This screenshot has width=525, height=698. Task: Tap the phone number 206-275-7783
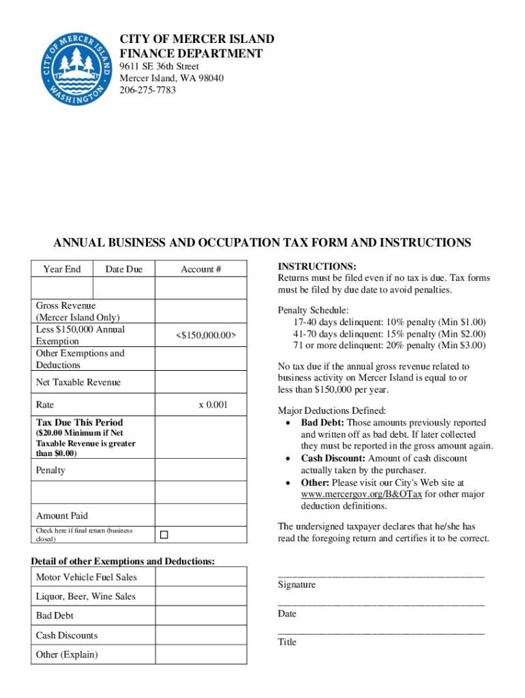pyautogui.click(x=148, y=90)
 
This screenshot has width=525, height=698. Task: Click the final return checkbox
pyautogui.click(x=164, y=534)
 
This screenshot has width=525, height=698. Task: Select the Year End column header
pyautogui.click(x=62, y=269)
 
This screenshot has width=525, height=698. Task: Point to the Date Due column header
pyautogui.click(x=124, y=269)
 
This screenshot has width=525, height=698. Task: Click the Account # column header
pyautogui.click(x=200, y=269)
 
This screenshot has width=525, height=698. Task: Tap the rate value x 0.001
pyautogui.click(x=213, y=405)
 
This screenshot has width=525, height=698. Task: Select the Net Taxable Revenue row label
pyautogui.click(x=78, y=382)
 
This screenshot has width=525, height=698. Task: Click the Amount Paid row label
pyautogui.click(x=62, y=516)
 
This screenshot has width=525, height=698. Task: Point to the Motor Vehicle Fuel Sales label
pyautogui.click(x=86, y=577)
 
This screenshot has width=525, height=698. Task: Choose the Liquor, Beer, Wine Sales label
pyautogui.click(x=86, y=596)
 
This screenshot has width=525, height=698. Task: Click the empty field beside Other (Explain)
pyautogui.click(x=201, y=655)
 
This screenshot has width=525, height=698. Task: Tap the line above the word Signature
pyautogui.click(x=380, y=577)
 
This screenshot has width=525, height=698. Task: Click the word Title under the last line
pyautogui.click(x=287, y=642)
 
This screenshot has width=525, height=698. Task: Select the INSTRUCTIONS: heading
pyautogui.click(x=317, y=267)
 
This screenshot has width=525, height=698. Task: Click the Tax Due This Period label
pyautogui.click(x=80, y=423)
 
